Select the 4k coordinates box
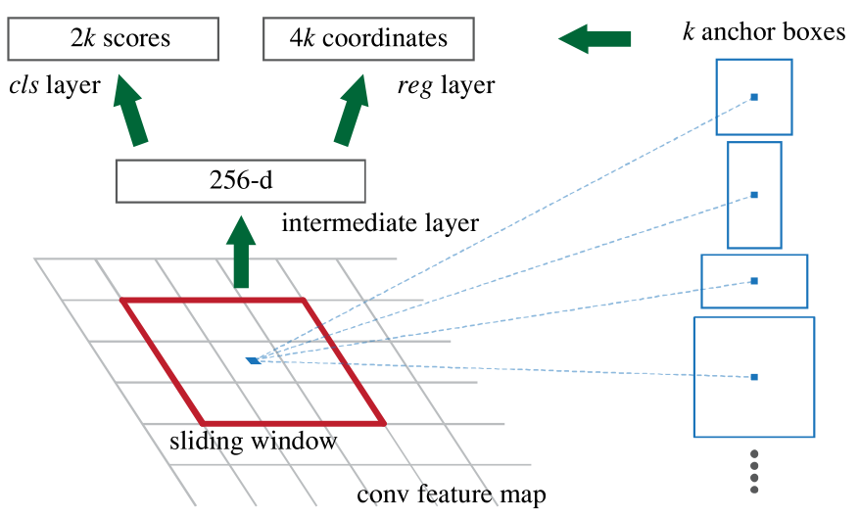point(368,40)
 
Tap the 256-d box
point(240,181)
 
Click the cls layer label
point(54,86)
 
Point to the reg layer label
point(446,86)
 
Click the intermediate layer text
point(380,223)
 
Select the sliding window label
point(253,441)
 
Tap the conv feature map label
point(452,493)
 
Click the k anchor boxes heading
point(764,32)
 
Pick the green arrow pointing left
point(594,39)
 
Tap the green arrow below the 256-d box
point(240,251)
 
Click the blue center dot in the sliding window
point(255,360)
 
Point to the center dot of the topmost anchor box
point(754,97)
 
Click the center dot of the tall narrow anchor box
point(754,195)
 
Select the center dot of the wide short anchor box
point(754,281)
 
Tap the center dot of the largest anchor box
point(754,376)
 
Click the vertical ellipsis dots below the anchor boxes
point(754,471)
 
